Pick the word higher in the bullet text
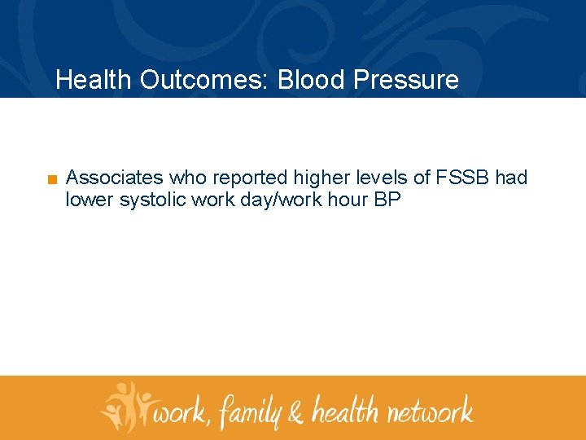(319, 178)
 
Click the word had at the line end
(511, 178)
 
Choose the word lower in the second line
(90, 200)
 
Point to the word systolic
(152, 200)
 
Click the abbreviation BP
(387, 200)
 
